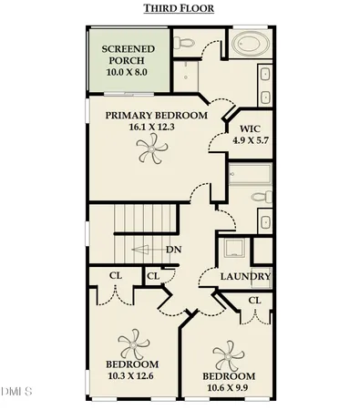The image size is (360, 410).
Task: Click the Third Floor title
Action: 180,9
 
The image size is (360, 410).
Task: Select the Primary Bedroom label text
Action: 156,116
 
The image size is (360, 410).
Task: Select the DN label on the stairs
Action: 172,250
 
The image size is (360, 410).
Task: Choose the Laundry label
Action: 246,276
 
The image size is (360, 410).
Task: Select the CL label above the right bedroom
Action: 254,300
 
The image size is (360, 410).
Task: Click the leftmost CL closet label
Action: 115,276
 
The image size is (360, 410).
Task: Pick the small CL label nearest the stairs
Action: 153,276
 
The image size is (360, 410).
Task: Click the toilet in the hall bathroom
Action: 258,197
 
